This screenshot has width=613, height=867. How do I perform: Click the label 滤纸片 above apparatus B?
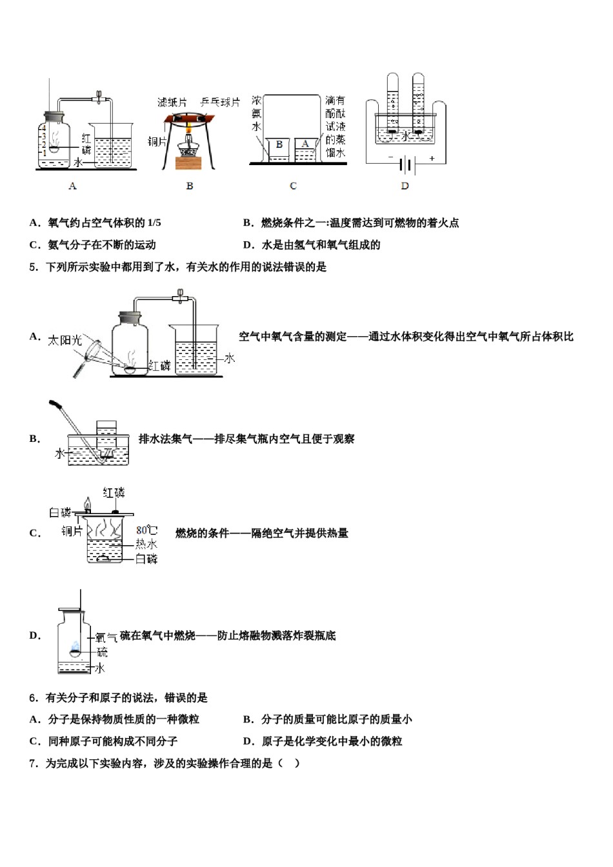pyautogui.click(x=172, y=103)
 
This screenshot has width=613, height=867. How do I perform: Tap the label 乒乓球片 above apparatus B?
pyautogui.click(x=220, y=103)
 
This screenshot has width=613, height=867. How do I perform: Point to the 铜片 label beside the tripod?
pyautogui.click(x=157, y=141)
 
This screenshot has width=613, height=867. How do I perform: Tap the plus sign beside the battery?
pyautogui.click(x=432, y=158)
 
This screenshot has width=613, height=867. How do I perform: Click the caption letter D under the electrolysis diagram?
pyautogui.click(x=405, y=186)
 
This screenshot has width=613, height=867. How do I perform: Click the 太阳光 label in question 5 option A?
pyautogui.click(x=65, y=340)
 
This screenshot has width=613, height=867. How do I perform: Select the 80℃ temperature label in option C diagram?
pyautogui.click(x=146, y=530)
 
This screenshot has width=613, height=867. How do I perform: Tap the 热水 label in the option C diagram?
pyautogui.click(x=146, y=544)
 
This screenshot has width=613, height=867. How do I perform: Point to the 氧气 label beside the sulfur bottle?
pyautogui.click(x=106, y=638)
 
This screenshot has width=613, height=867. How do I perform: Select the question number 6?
pyautogui.click(x=34, y=698)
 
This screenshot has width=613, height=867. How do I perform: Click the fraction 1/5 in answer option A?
pyautogui.click(x=154, y=223)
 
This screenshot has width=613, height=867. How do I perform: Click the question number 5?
pyautogui.click(x=34, y=267)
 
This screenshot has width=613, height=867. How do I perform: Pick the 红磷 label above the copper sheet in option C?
pyautogui.click(x=115, y=493)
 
